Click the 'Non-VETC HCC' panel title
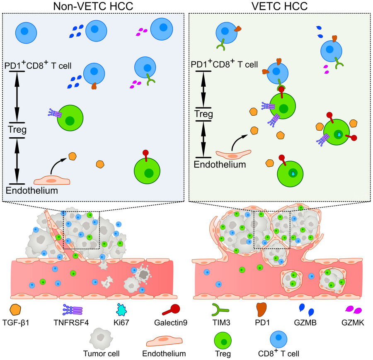[96, 6]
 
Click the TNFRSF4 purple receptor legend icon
[72, 309]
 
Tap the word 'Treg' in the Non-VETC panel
[18, 130]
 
